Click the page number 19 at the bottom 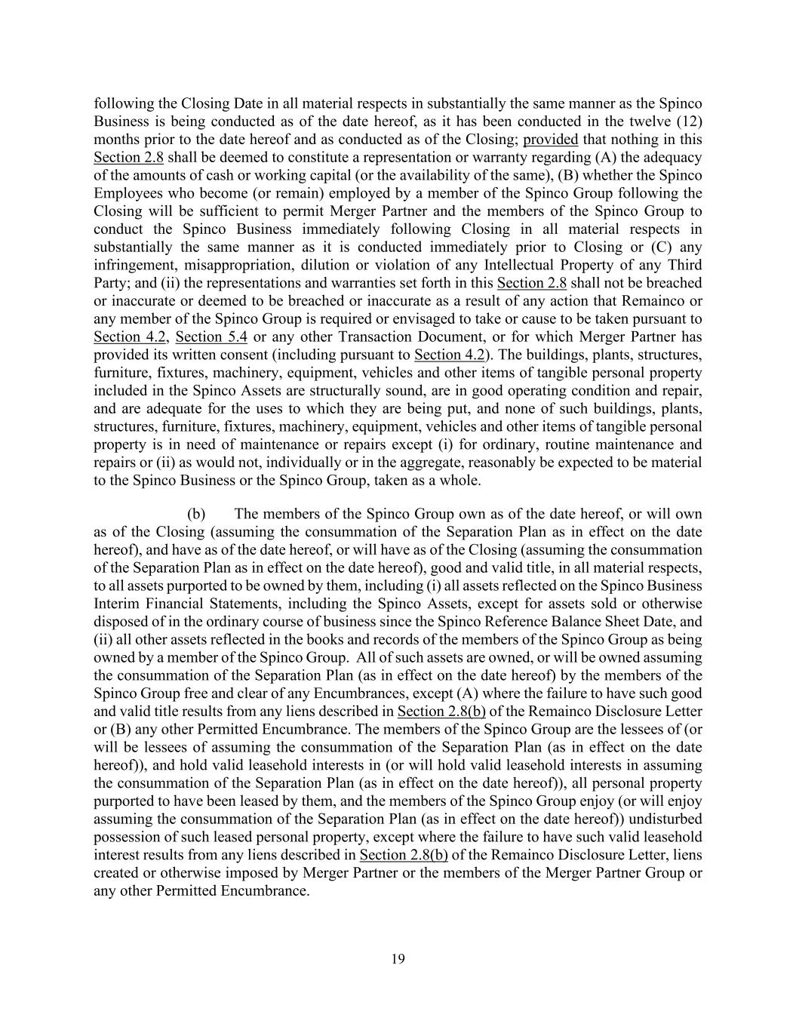coord(398,959)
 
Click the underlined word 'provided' coord(550,140)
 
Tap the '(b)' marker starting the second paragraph coord(196,514)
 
